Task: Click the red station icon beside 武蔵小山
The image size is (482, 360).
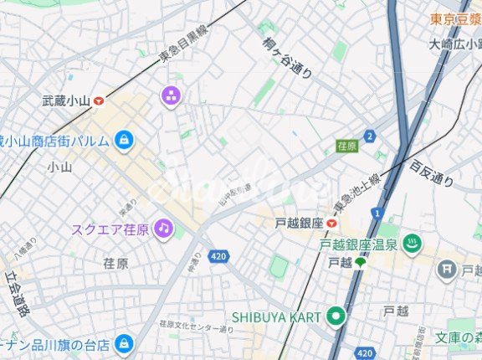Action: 100,100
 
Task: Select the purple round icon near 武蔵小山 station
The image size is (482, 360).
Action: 171,96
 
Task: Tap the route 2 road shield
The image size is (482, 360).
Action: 369,136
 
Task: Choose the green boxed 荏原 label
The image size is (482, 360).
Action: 346,146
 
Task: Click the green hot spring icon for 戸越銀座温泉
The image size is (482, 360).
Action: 412,244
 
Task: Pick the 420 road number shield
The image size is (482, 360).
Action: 218,255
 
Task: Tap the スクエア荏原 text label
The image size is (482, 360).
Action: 110,229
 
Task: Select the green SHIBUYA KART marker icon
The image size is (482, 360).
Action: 336,316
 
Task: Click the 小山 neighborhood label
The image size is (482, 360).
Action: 59,167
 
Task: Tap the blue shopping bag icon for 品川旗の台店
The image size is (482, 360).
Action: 124,342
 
